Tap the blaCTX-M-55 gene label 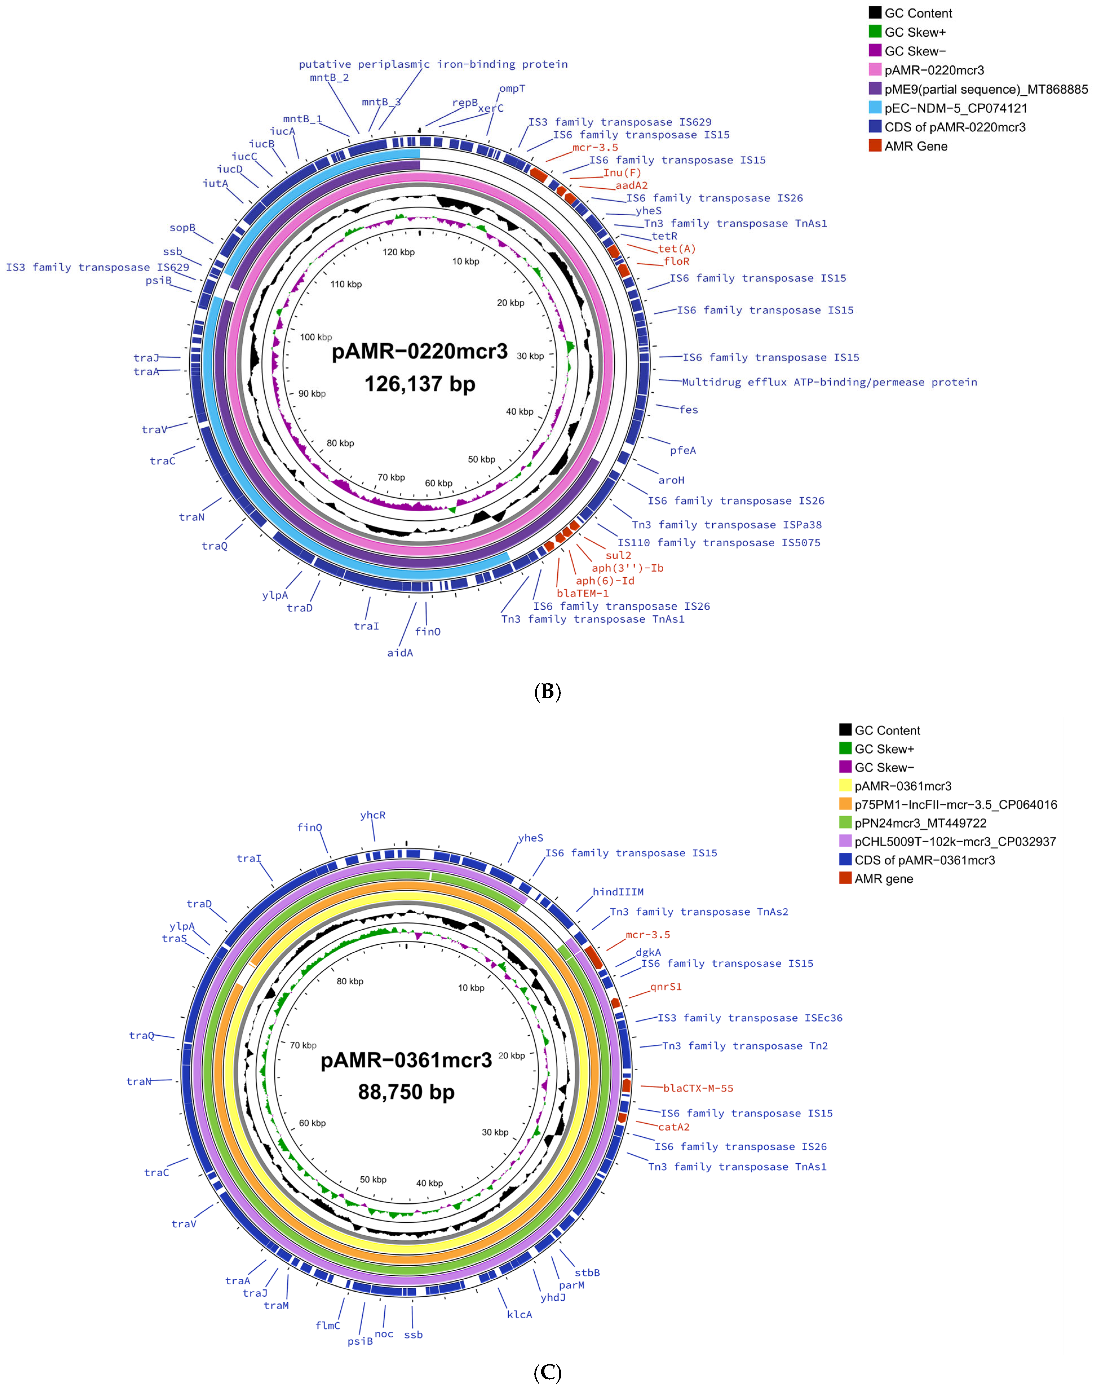pos(698,1088)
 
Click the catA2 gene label pos(674,1127)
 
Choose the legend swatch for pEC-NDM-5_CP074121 pos(875,108)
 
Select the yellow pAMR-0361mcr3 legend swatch pos(845,786)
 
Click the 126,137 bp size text pos(420,384)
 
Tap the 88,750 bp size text pos(407,1092)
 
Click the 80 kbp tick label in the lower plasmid pos(350,982)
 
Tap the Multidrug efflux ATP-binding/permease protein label pos(829,382)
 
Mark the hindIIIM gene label pos(618,892)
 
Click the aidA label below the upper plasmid pos(400,653)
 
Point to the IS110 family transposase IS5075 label pos(719,543)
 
